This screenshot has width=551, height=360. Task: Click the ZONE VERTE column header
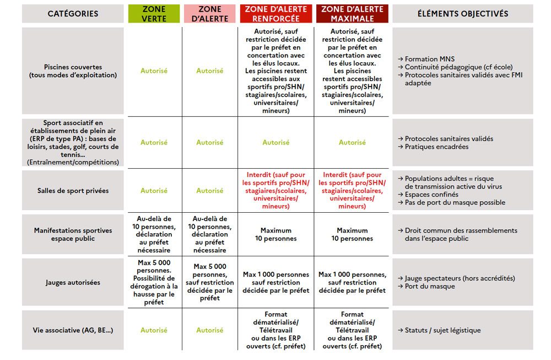(x=154, y=14)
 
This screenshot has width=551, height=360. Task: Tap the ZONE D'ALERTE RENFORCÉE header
(x=276, y=14)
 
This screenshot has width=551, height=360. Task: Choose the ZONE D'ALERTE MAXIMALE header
(x=352, y=14)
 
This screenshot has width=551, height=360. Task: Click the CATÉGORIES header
(x=73, y=14)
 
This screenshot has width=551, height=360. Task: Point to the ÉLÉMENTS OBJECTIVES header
(x=462, y=14)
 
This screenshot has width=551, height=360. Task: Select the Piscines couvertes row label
(x=73, y=71)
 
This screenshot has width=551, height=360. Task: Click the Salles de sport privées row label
(x=73, y=191)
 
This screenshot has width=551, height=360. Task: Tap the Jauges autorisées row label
(x=73, y=283)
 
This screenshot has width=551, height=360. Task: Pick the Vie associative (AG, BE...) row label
(x=73, y=330)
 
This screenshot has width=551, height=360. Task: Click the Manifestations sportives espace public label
(x=73, y=234)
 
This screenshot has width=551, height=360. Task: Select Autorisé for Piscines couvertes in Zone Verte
(x=154, y=71)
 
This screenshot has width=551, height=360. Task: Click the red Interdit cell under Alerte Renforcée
(x=276, y=191)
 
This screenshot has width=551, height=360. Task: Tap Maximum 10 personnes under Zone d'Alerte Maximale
(x=352, y=234)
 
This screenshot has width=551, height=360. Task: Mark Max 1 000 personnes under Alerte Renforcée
(x=276, y=283)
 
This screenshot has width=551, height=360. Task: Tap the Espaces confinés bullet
(x=431, y=195)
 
